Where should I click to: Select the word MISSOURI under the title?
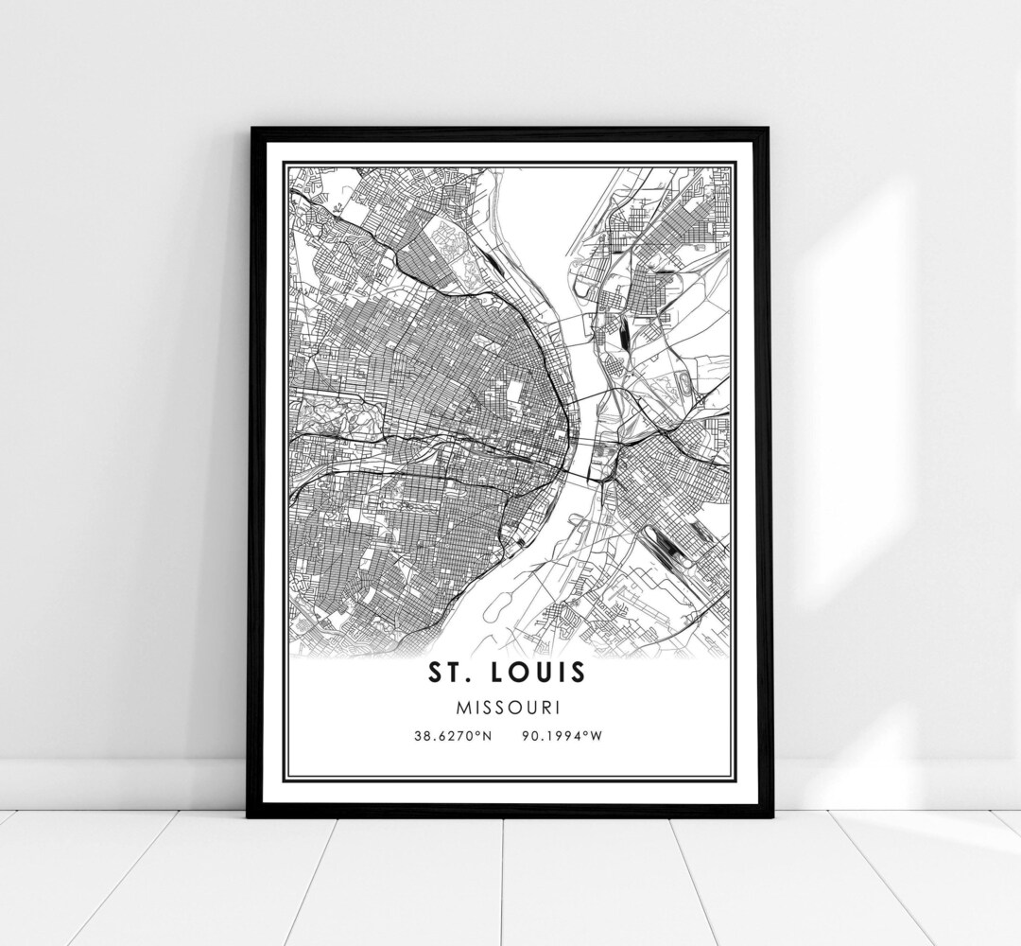(x=510, y=706)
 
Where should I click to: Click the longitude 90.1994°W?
(x=560, y=735)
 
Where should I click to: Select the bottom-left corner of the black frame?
(x=250, y=815)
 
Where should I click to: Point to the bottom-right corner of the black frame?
(x=770, y=815)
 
